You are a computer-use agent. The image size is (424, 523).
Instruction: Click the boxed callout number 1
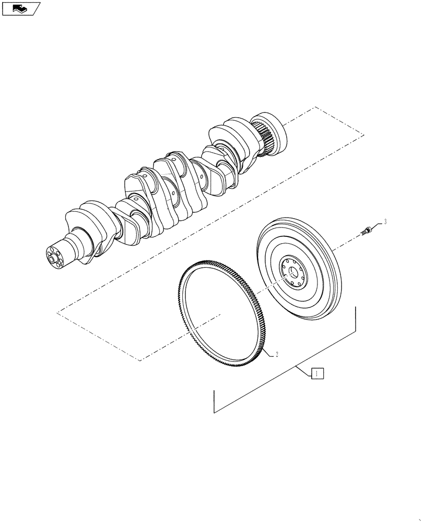(317, 373)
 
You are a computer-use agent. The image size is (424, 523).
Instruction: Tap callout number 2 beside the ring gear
(277, 355)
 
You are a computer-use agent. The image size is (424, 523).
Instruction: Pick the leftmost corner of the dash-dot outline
(56, 313)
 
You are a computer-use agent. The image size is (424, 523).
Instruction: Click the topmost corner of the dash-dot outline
(315, 107)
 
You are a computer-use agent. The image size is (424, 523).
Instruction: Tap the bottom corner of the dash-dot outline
(140, 361)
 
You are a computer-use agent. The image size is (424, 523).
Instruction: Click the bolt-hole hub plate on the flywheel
(292, 272)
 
